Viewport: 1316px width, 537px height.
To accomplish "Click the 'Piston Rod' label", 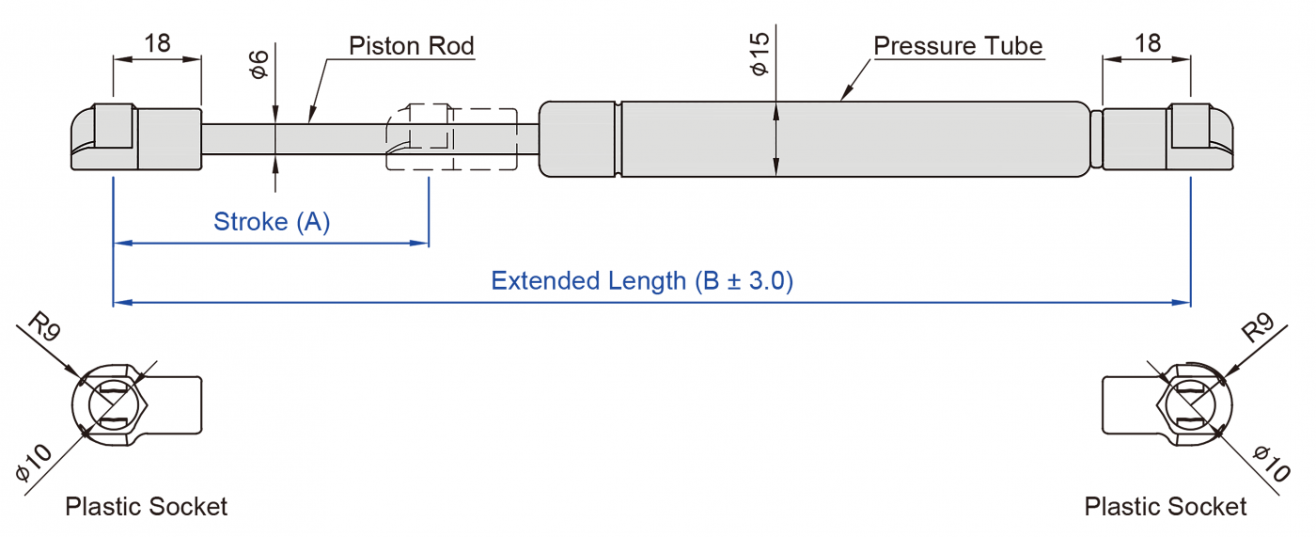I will click(411, 45).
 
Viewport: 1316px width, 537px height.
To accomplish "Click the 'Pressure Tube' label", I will click(957, 45).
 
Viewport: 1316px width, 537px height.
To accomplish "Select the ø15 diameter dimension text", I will click(760, 54).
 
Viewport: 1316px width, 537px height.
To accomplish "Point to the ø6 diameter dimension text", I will click(259, 63).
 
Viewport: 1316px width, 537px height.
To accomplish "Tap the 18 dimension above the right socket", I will click(1147, 43).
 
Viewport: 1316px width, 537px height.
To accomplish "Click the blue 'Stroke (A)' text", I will click(272, 222).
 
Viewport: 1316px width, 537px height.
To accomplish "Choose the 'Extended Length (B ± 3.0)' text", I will click(642, 280).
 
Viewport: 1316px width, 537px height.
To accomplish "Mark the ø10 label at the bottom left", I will click(34, 463).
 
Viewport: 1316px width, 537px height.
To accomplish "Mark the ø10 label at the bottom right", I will click(1271, 463).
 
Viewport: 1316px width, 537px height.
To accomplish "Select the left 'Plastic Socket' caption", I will click(146, 507).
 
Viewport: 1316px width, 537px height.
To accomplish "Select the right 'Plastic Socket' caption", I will click(1165, 507).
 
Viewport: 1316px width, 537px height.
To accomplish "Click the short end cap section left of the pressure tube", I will click(578, 138).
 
